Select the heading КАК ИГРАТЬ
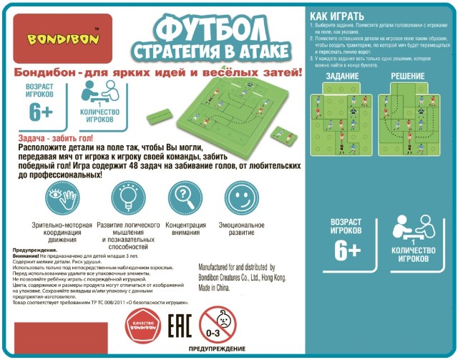[x=337, y=16]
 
